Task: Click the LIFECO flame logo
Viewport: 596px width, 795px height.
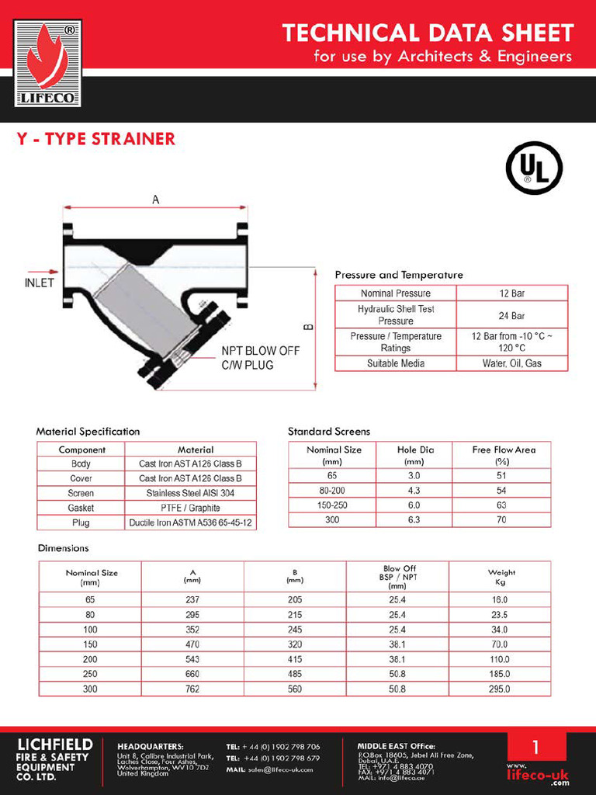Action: tap(47, 63)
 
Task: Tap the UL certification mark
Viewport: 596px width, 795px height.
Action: tap(534, 168)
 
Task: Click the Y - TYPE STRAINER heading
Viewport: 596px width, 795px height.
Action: tap(96, 140)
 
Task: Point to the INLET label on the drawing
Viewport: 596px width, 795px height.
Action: tap(39, 283)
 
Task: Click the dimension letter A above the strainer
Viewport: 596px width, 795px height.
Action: tap(155, 200)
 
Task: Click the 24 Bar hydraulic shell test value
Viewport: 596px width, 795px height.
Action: tap(511, 315)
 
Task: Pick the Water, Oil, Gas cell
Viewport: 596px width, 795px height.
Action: tap(511, 363)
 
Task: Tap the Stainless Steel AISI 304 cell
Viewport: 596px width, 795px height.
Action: tap(190, 493)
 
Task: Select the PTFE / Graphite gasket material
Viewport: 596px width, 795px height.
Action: tap(190, 508)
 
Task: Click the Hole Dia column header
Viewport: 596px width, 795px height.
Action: tap(415, 455)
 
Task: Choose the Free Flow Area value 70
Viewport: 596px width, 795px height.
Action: tap(501, 519)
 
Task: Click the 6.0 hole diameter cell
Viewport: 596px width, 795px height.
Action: tap(414, 505)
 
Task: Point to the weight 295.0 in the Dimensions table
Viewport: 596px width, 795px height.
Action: tap(501, 689)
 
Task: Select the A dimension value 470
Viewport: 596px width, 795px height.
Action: tap(192, 644)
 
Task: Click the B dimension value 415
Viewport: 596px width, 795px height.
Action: tap(295, 659)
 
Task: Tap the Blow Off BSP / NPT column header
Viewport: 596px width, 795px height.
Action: tap(399, 577)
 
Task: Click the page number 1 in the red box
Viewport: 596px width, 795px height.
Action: tap(535, 748)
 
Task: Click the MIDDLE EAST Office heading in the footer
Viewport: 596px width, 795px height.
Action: tap(396, 746)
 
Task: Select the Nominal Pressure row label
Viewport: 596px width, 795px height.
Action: tap(396, 293)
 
